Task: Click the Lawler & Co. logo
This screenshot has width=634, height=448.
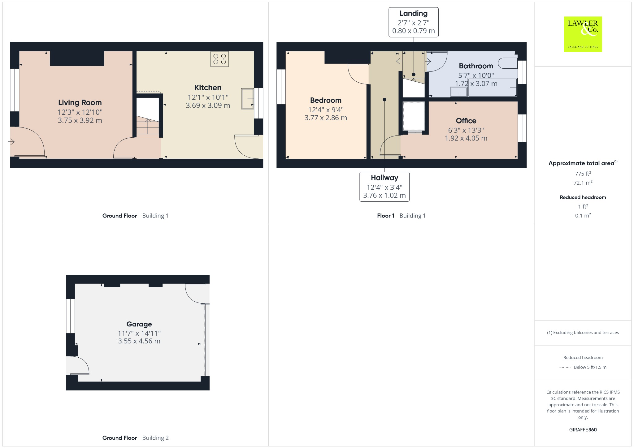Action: click(x=583, y=34)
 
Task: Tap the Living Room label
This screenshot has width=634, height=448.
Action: click(x=80, y=102)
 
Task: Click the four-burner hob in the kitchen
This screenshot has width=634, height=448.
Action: click(x=219, y=59)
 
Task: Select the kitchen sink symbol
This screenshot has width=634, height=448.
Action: click(x=247, y=99)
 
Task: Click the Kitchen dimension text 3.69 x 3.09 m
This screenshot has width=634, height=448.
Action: click(x=208, y=106)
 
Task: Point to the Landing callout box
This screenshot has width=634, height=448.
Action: click(x=413, y=22)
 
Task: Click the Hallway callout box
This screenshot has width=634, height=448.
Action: click(x=384, y=187)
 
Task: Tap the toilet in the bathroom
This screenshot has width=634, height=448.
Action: click(x=508, y=63)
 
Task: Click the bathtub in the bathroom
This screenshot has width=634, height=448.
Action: click(x=492, y=87)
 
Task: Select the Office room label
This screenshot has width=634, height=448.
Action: click(x=466, y=121)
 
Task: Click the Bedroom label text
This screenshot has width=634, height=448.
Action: click(x=326, y=100)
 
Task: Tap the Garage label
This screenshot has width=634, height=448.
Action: click(x=139, y=324)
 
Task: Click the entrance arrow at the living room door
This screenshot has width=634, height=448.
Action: click(x=11, y=142)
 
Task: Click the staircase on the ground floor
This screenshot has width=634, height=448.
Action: click(x=148, y=122)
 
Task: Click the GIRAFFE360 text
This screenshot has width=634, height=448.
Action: click(x=583, y=429)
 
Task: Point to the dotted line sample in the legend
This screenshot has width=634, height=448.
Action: click(x=565, y=367)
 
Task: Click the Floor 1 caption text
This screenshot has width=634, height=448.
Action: click(x=385, y=216)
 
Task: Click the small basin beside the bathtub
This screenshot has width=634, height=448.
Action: click(x=458, y=92)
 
